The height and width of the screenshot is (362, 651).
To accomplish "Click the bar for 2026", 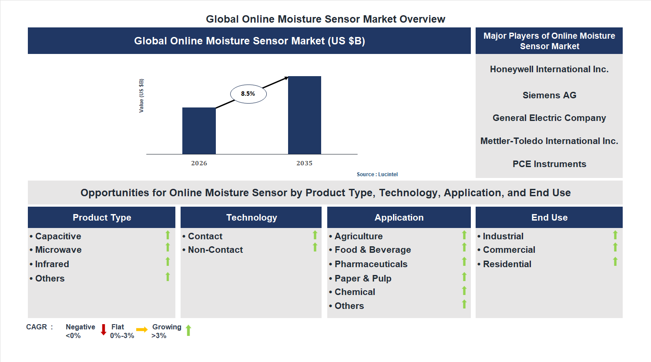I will coord(199,131).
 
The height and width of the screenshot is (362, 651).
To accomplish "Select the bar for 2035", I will coord(305,115).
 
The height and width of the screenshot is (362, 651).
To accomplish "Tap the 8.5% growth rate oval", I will coord(248,94).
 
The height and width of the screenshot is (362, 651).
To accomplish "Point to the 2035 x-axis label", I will coord(305,163).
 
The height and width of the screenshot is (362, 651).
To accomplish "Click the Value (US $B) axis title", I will coord(141,96).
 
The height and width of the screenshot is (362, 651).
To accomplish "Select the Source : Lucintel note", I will coord(377,174).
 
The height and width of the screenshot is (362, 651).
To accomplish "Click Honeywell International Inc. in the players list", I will coord(549,69).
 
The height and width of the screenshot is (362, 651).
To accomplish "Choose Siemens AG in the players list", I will coord(549,95).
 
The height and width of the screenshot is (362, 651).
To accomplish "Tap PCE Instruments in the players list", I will coord(549,164).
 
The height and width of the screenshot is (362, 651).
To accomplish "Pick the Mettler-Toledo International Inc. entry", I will coord(549,141).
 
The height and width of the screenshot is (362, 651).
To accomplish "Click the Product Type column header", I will coord(102,218).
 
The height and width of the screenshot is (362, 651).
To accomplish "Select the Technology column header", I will coord(252,218).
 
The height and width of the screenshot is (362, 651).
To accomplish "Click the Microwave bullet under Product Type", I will coord(58,250).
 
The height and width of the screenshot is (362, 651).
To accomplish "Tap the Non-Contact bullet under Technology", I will coord(215,250).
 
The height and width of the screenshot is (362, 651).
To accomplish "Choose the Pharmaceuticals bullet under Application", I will coord(371,264).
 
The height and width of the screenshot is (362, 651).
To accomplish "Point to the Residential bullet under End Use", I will coord(507,264).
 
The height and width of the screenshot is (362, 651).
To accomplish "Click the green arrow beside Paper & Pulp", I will coord(464,277).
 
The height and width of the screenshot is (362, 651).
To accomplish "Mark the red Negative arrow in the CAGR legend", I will coord(104,330).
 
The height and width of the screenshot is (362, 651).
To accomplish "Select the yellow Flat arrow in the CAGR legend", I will coord(142,330).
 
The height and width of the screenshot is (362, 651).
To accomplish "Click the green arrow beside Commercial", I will coord(615,248).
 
